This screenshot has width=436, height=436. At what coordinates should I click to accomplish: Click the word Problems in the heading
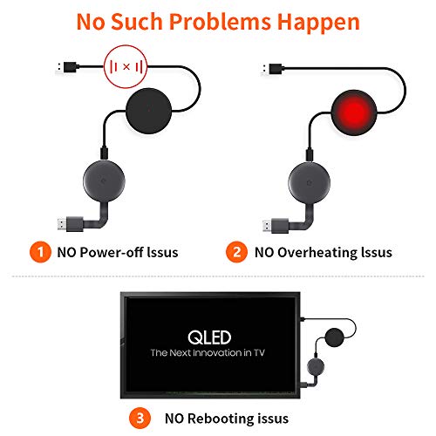(220, 23)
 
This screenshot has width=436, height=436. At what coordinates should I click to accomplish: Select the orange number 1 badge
(40, 252)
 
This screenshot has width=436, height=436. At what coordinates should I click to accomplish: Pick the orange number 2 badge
(237, 252)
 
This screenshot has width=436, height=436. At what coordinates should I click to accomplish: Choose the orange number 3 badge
(140, 419)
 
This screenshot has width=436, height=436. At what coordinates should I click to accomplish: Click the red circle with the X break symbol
(126, 67)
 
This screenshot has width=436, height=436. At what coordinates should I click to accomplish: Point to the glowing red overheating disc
(354, 112)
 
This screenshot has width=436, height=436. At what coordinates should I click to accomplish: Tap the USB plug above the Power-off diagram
(67, 67)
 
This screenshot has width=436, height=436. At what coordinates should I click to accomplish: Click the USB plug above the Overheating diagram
(272, 69)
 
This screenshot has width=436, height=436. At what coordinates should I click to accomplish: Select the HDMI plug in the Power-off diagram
(71, 224)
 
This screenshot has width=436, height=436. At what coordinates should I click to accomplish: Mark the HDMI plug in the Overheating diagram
(276, 226)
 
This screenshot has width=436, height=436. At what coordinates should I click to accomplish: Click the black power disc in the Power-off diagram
(149, 111)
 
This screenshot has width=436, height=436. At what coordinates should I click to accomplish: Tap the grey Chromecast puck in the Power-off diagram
(104, 181)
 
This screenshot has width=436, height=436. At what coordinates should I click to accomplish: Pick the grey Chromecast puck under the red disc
(310, 182)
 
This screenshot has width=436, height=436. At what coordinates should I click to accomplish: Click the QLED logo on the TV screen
(209, 337)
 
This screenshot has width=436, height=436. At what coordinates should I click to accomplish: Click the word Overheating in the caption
(317, 253)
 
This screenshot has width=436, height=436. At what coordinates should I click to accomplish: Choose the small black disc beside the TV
(335, 337)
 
